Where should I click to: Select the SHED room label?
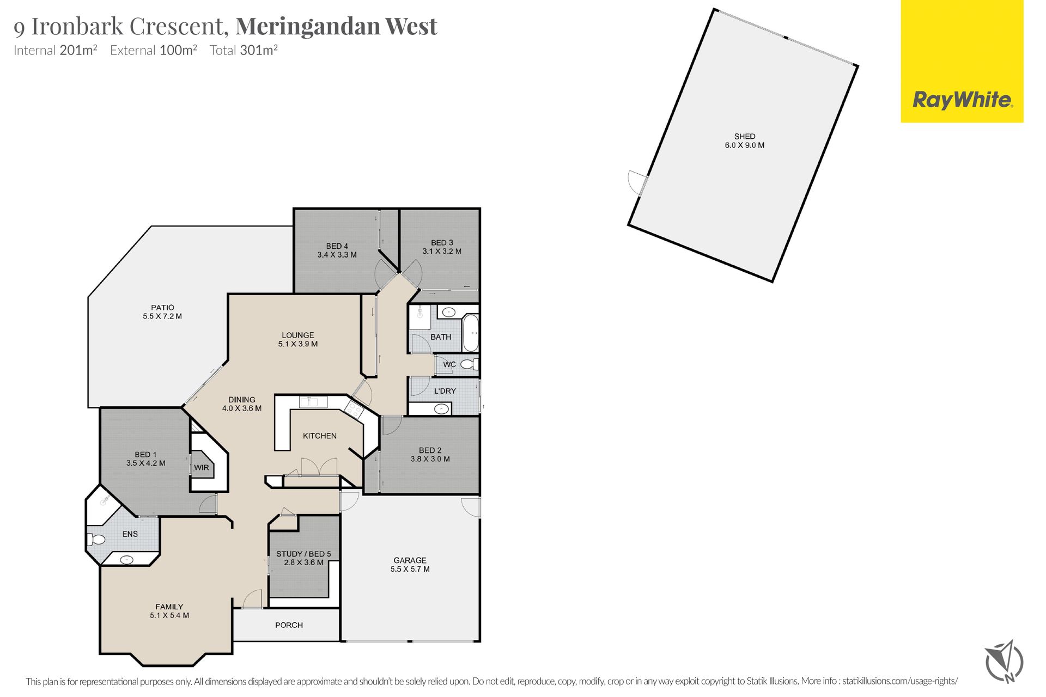pos(745,137)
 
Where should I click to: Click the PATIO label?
pos(162,308)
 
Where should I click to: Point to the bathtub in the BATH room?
pos(470,333)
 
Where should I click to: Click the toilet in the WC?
pos(469,364)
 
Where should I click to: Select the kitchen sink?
pos(313,402)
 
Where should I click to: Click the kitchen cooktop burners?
pos(355,409)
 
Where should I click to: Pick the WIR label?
pos(202,468)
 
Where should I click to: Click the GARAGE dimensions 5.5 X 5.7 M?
pos(410,569)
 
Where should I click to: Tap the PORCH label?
pos(289,625)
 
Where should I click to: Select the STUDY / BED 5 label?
pos(303,554)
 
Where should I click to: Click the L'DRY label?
pos(445,391)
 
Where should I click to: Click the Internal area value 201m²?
pos(78,50)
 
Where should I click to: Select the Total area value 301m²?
pos(259,50)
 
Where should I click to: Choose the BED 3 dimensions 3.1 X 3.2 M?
pos(442,252)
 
